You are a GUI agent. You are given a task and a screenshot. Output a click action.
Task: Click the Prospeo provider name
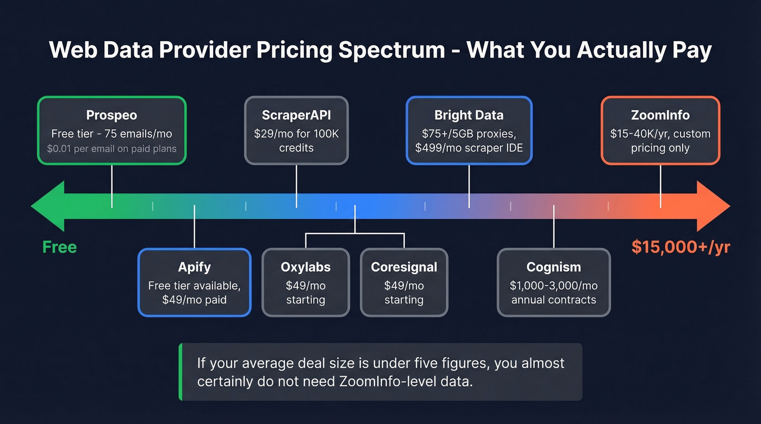point(111,115)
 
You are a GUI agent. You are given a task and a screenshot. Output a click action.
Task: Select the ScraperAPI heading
point(296,115)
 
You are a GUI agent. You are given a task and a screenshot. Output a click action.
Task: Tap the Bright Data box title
point(469,115)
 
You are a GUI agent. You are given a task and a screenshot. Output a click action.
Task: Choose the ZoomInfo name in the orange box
point(660,115)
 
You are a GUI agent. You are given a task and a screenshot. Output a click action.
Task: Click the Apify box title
point(194,267)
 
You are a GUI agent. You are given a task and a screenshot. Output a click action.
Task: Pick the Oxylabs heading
point(305,267)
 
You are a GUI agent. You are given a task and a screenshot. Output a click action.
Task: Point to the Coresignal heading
point(404,267)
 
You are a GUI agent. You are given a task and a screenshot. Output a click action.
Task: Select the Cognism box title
point(553,267)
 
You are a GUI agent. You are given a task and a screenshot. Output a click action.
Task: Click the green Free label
point(60,247)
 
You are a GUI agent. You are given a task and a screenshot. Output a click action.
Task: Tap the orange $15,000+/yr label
point(681,247)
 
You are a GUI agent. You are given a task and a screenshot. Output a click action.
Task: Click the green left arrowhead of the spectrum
point(46,206)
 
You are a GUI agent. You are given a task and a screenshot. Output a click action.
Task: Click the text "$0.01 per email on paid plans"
point(111,148)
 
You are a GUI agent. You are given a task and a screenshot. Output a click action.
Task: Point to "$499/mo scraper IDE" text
point(469,148)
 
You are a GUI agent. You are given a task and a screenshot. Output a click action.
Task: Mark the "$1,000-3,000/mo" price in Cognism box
point(553,285)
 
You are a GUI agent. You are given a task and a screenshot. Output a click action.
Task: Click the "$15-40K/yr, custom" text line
point(660,134)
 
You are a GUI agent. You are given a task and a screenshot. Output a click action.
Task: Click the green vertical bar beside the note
point(180,372)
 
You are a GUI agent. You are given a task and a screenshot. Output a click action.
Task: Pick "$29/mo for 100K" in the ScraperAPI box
point(296,134)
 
